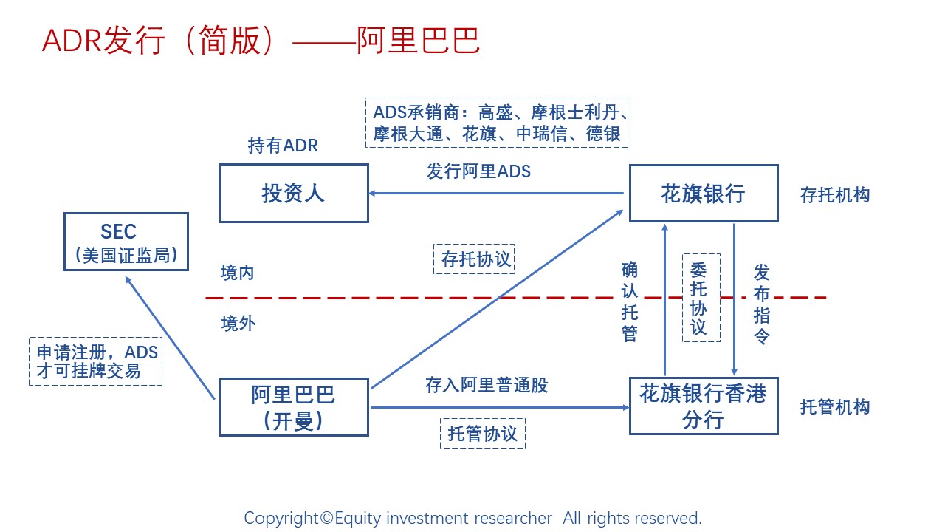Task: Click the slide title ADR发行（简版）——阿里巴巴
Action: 261,41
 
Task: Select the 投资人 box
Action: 294,194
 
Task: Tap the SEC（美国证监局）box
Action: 126,242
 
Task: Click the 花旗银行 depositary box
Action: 703,194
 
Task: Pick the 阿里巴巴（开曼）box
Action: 294,407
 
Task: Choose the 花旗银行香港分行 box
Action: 703,406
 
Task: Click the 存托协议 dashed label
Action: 474,259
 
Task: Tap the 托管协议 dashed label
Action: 483,433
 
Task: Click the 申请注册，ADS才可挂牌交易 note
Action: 96,362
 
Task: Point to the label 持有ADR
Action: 283,146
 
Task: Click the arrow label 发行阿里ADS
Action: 478,171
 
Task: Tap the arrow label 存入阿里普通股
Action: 487,385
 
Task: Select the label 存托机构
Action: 835,195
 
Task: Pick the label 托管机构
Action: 835,407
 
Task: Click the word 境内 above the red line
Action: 237,273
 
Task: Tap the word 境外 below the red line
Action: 237,324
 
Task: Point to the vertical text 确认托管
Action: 630,301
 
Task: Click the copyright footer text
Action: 472,518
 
